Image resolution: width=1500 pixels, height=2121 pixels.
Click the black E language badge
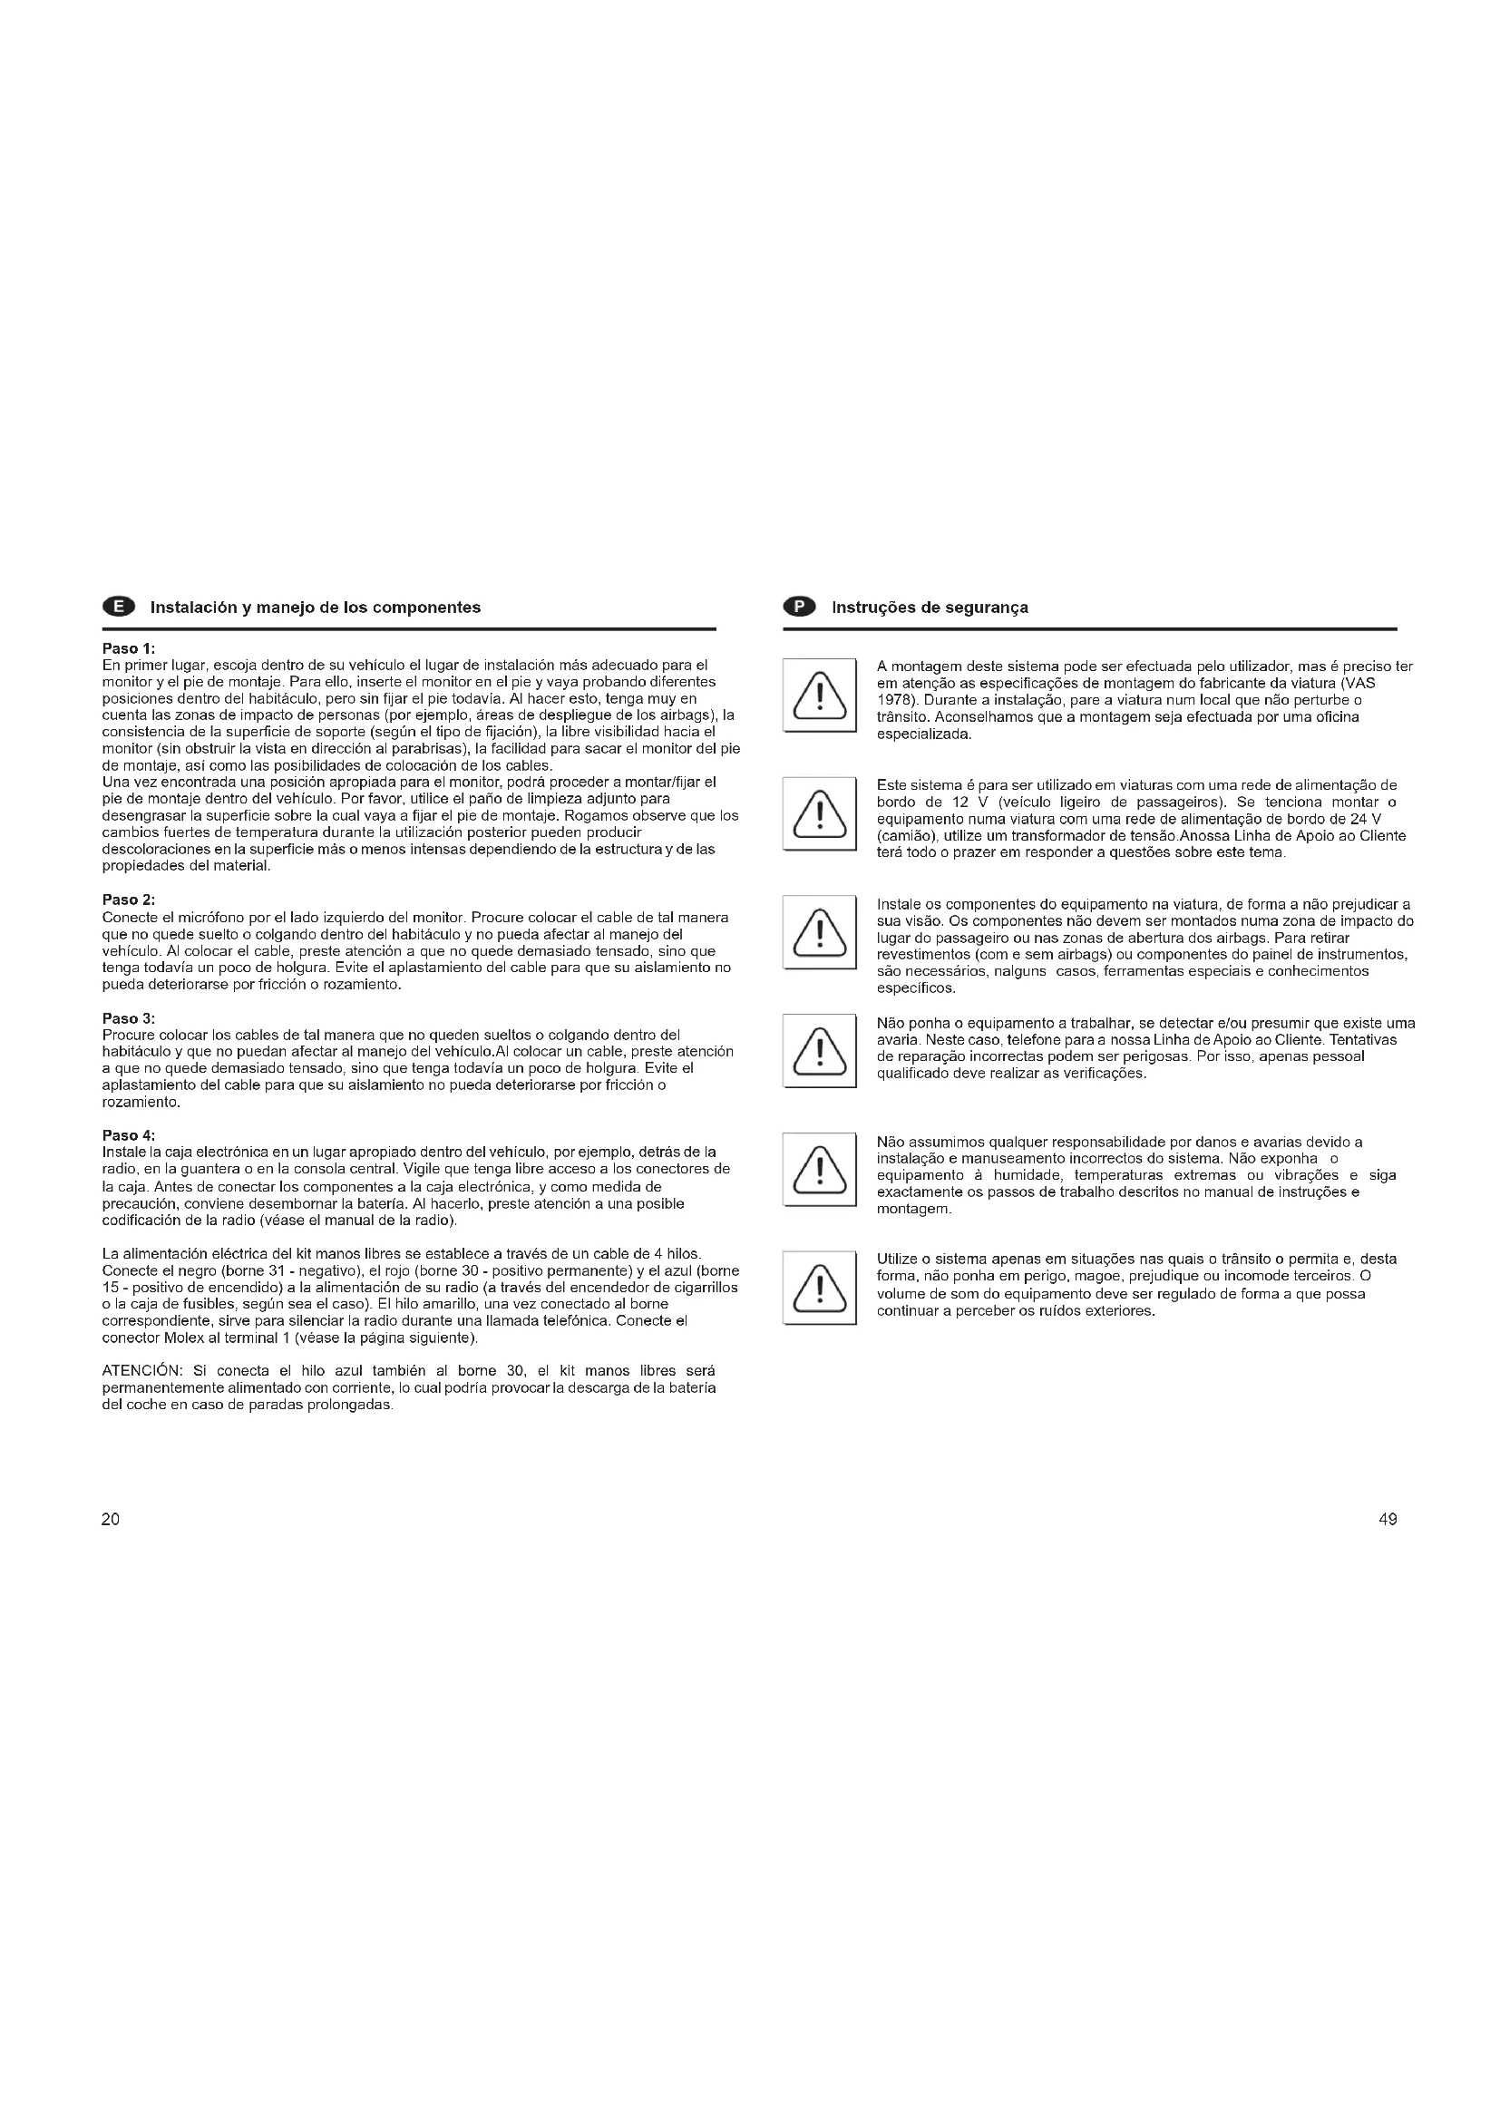(x=118, y=607)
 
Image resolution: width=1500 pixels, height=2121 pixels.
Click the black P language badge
(x=800, y=607)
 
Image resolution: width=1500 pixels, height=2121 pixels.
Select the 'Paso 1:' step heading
(x=129, y=648)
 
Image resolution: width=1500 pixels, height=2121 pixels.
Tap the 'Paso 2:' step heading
(x=129, y=900)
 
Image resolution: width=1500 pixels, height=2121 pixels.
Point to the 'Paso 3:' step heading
(x=129, y=1018)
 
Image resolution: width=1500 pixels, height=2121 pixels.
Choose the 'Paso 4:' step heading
(x=129, y=1135)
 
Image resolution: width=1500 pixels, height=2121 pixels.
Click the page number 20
(x=111, y=1520)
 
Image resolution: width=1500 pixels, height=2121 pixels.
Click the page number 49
(x=1388, y=1520)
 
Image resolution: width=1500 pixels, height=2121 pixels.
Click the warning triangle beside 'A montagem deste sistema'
(x=819, y=695)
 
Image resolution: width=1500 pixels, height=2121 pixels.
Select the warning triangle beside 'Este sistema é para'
(x=819, y=813)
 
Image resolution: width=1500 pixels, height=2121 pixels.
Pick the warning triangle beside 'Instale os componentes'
(x=819, y=931)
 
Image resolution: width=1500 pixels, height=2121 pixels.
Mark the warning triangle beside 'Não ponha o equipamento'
(x=819, y=1050)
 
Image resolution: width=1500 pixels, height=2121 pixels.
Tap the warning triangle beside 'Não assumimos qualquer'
(x=819, y=1169)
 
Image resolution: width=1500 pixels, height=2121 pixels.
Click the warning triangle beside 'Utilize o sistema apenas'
(x=819, y=1287)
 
